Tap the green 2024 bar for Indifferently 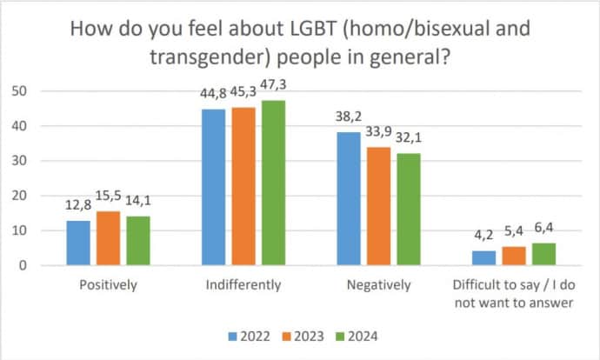click(x=274, y=183)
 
